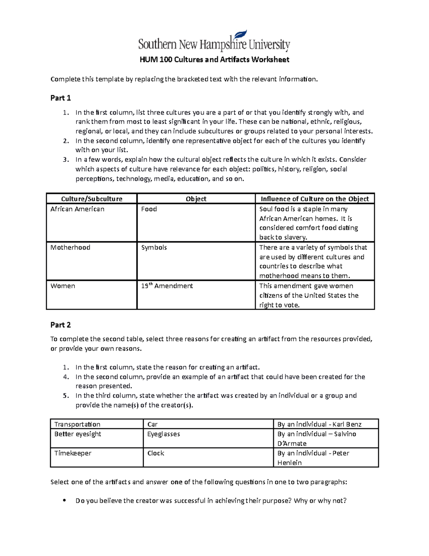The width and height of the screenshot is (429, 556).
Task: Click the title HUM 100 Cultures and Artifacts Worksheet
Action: tap(214, 60)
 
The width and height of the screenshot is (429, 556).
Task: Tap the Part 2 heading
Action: tap(60, 325)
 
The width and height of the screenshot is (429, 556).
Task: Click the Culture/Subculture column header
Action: tap(92, 199)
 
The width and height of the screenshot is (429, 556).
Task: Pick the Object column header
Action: tap(196, 199)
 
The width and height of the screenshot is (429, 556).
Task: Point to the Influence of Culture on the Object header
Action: tap(315, 199)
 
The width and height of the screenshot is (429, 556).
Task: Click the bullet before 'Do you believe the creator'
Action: tap(64, 501)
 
